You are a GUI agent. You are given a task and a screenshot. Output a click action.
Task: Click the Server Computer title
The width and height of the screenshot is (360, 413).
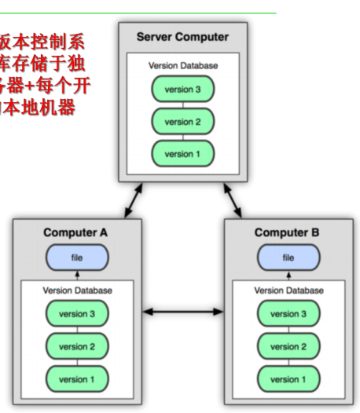coord(182,37)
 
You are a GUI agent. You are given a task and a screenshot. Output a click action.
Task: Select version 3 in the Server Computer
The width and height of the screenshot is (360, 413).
coord(183,90)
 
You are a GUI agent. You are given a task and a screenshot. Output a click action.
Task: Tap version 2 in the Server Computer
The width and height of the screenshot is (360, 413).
coord(183,122)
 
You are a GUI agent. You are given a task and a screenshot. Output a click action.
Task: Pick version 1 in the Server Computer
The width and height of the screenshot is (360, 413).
coord(183,154)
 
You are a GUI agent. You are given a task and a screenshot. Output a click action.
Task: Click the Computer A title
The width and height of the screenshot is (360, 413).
coord(76,232)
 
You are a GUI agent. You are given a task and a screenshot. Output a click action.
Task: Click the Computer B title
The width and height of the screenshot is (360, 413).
coord(288,232)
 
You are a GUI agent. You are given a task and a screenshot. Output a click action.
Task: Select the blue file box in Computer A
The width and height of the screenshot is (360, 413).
coord(77,257)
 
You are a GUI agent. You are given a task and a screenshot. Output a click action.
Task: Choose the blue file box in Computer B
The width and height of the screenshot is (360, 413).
coord(288,257)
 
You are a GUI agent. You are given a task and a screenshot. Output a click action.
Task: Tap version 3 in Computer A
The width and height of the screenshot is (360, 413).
coord(77,314)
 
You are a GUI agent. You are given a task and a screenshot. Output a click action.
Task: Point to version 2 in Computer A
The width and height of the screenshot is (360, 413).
coord(77,346)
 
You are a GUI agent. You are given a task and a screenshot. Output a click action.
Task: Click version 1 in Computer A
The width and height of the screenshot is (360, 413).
coord(77,379)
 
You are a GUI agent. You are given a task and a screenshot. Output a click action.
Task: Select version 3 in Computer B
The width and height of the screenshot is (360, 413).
coord(288,314)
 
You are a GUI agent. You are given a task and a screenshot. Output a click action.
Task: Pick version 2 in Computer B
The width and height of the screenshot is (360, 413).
coord(288,346)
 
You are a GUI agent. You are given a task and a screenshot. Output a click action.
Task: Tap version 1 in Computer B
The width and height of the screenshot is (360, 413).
coord(288,379)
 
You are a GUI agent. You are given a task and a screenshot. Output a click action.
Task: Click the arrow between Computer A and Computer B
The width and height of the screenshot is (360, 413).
coord(183,312)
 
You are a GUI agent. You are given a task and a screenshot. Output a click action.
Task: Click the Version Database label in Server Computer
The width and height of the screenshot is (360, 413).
coord(183,66)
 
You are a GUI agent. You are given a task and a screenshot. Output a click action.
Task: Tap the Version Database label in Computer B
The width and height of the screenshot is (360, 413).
coord(288,291)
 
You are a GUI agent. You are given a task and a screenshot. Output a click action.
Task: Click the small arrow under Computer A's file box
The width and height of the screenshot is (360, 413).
coord(77,275)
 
